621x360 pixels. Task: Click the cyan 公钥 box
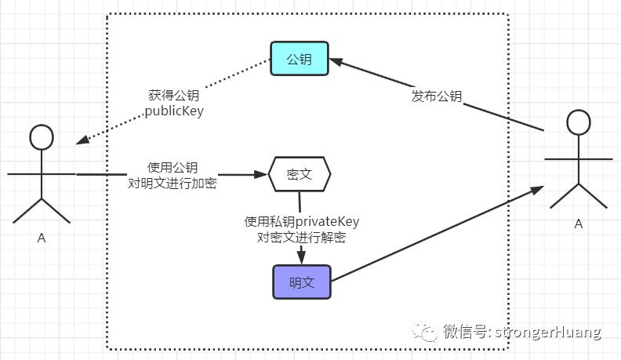[300, 59]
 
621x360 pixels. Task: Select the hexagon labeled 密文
[300, 174]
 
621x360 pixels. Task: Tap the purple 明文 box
[302, 282]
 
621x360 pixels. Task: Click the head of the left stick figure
[42, 137]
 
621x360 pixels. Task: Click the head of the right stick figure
[579, 122]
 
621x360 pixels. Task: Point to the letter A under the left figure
[42, 238]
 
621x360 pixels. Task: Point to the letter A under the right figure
[579, 224]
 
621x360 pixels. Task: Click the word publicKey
[174, 111]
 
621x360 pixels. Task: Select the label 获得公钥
[174, 95]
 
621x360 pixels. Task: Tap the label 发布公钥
[437, 96]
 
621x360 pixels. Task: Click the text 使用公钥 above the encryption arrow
[172, 167]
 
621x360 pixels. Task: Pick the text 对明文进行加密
[172, 183]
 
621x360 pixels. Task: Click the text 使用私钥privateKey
[302, 221]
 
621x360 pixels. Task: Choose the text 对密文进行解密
[302, 237]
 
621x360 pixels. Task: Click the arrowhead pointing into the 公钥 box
[336, 62]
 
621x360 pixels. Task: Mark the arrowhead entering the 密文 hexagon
[261, 174]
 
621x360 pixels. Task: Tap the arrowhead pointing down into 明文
[301, 257]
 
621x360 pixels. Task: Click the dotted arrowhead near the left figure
[82, 140]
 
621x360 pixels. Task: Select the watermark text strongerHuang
[548, 332]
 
